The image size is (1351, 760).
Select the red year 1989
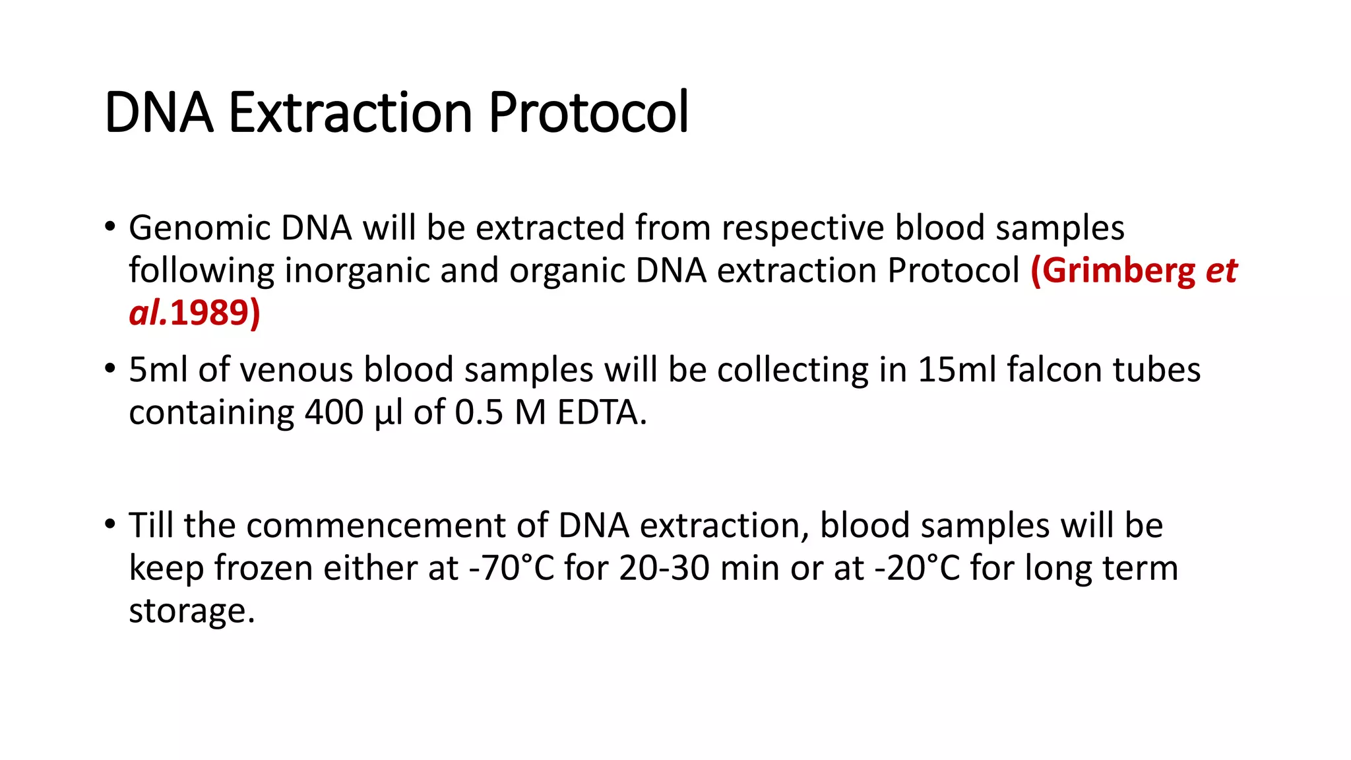pyautogui.click(x=210, y=313)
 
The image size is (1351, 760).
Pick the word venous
pyautogui.click(x=296, y=369)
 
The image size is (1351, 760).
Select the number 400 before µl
pyautogui.click(x=334, y=412)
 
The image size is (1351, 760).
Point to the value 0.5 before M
pyautogui.click(x=479, y=412)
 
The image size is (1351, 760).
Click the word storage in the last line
pyautogui.click(x=191, y=610)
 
